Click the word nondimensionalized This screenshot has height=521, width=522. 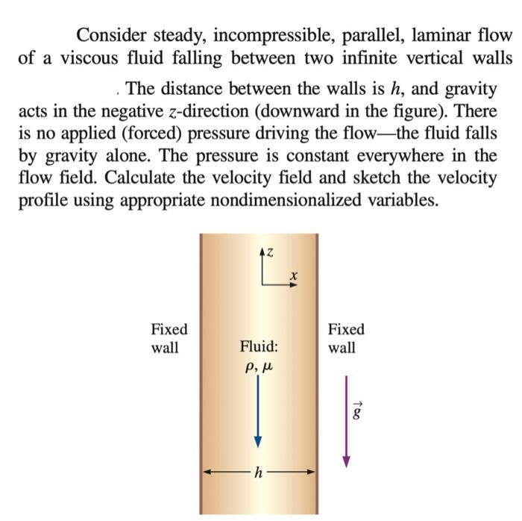pos(316,200)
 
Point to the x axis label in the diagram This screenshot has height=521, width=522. pos(294,277)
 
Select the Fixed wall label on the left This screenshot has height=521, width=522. pos(169,338)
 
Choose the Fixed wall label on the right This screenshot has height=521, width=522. pos(346,338)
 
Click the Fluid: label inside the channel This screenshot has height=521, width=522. pos(259,347)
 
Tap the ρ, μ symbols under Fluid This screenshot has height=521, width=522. pos(258,366)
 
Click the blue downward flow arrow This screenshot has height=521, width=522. pos(258,411)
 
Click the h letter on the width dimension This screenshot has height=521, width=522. pos(259,472)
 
